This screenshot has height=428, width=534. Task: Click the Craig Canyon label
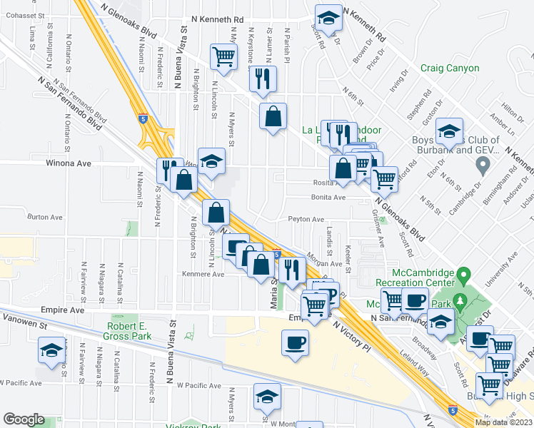(450, 68)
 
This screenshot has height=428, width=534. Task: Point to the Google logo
(24, 419)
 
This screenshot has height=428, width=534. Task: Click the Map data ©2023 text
(504, 422)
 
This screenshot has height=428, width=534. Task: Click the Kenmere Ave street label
(203, 274)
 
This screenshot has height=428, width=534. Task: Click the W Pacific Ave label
(198, 385)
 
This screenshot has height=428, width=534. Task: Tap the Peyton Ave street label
(306, 220)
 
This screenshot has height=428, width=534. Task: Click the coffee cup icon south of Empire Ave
(295, 343)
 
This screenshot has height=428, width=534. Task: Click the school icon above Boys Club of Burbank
(448, 131)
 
